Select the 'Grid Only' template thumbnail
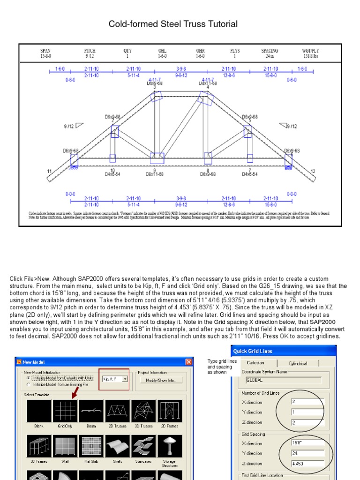tap(65, 411)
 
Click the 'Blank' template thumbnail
tap(39, 411)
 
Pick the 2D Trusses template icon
tap(117, 411)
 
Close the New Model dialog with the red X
tap(188, 362)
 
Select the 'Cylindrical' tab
tap(298, 363)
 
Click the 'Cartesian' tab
tap(255, 363)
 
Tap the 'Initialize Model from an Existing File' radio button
tap(29, 384)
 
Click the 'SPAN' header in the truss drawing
tap(45, 51)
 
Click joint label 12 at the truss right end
tap(313, 172)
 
